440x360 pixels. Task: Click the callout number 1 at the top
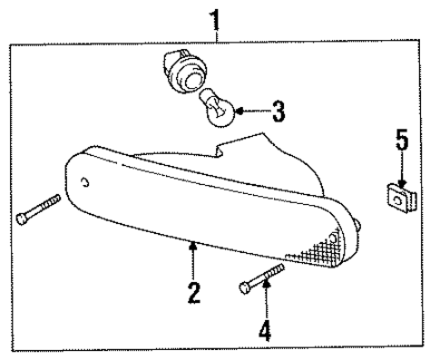(x=217, y=16)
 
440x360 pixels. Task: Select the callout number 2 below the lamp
(x=192, y=293)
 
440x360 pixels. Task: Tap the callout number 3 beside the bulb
(x=279, y=113)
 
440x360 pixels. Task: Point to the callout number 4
(x=264, y=331)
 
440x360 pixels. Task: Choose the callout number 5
(x=401, y=141)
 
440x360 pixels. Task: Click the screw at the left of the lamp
(x=37, y=208)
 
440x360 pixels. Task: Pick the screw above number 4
(x=262, y=277)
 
